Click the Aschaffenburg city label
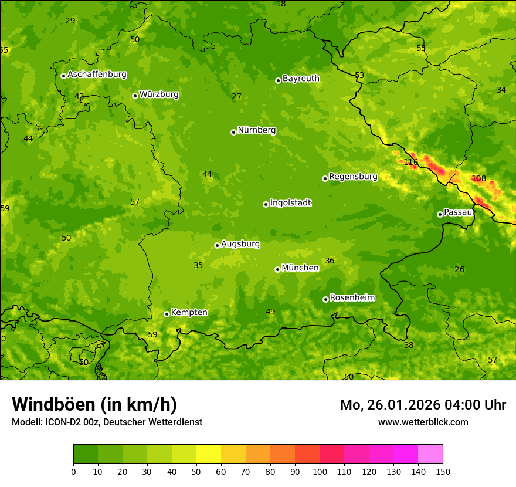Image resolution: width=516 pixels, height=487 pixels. click(97, 75)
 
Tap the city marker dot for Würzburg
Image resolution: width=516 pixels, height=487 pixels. click(135, 96)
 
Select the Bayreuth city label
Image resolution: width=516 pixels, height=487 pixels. click(301, 78)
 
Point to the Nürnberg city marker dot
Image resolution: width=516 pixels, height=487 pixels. click(233, 132)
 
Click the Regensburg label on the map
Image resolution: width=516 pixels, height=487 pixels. click(353, 176)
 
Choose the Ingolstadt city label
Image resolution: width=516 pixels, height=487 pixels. click(290, 203)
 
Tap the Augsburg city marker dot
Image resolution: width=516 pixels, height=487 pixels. click(217, 245)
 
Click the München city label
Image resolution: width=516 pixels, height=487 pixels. click(300, 268)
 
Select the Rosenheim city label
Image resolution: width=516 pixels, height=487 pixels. click(352, 297)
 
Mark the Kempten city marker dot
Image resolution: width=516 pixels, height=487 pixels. click(167, 314)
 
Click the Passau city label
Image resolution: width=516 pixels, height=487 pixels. click(458, 212)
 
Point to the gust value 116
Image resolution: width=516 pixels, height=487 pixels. click(410, 163)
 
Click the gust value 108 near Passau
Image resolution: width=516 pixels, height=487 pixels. click(478, 178)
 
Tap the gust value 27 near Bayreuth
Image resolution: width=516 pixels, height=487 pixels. click(236, 97)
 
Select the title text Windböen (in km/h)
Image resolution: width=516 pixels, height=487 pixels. click(94, 404)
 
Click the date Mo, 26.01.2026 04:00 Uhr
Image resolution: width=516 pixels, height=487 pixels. click(423, 405)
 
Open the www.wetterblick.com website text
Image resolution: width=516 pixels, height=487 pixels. click(423, 422)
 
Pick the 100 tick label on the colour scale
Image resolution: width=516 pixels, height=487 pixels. click(320, 471)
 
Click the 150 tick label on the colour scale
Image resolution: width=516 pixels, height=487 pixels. click(443, 471)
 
